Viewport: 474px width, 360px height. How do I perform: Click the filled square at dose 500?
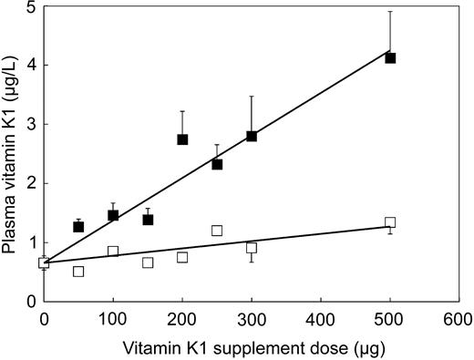[x=390, y=57]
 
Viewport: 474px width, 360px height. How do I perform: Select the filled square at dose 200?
[x=182, y=139]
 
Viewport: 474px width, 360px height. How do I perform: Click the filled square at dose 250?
[x=217, y=164]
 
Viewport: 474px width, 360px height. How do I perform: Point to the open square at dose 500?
[x=390, y=222]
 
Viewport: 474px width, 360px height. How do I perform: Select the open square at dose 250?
[x=217, y=231]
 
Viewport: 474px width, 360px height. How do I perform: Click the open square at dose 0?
[x=44, y=262]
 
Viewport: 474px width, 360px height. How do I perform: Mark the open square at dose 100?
[x=113, y=251]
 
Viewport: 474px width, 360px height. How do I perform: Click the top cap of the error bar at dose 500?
[x=390, y=12]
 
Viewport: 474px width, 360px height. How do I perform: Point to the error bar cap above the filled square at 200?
[x=182, y=111]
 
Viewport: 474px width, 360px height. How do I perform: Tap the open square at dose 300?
[x=252, y=248]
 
